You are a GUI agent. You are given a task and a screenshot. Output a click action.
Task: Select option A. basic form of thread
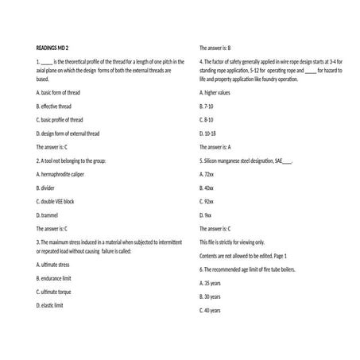pos(58,92)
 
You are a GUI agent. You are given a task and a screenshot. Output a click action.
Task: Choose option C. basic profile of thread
pos(61,119)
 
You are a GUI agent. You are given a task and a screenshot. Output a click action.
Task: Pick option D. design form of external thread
pos(69,133)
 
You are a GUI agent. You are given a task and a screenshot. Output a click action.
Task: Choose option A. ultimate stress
pos(53,264)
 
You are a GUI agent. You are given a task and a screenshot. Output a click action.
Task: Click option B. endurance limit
pos(54,278)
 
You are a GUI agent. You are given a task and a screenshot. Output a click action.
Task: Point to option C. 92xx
pos(207,201)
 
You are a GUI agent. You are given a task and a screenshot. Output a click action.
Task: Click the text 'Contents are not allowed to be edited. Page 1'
pos(242,255)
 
